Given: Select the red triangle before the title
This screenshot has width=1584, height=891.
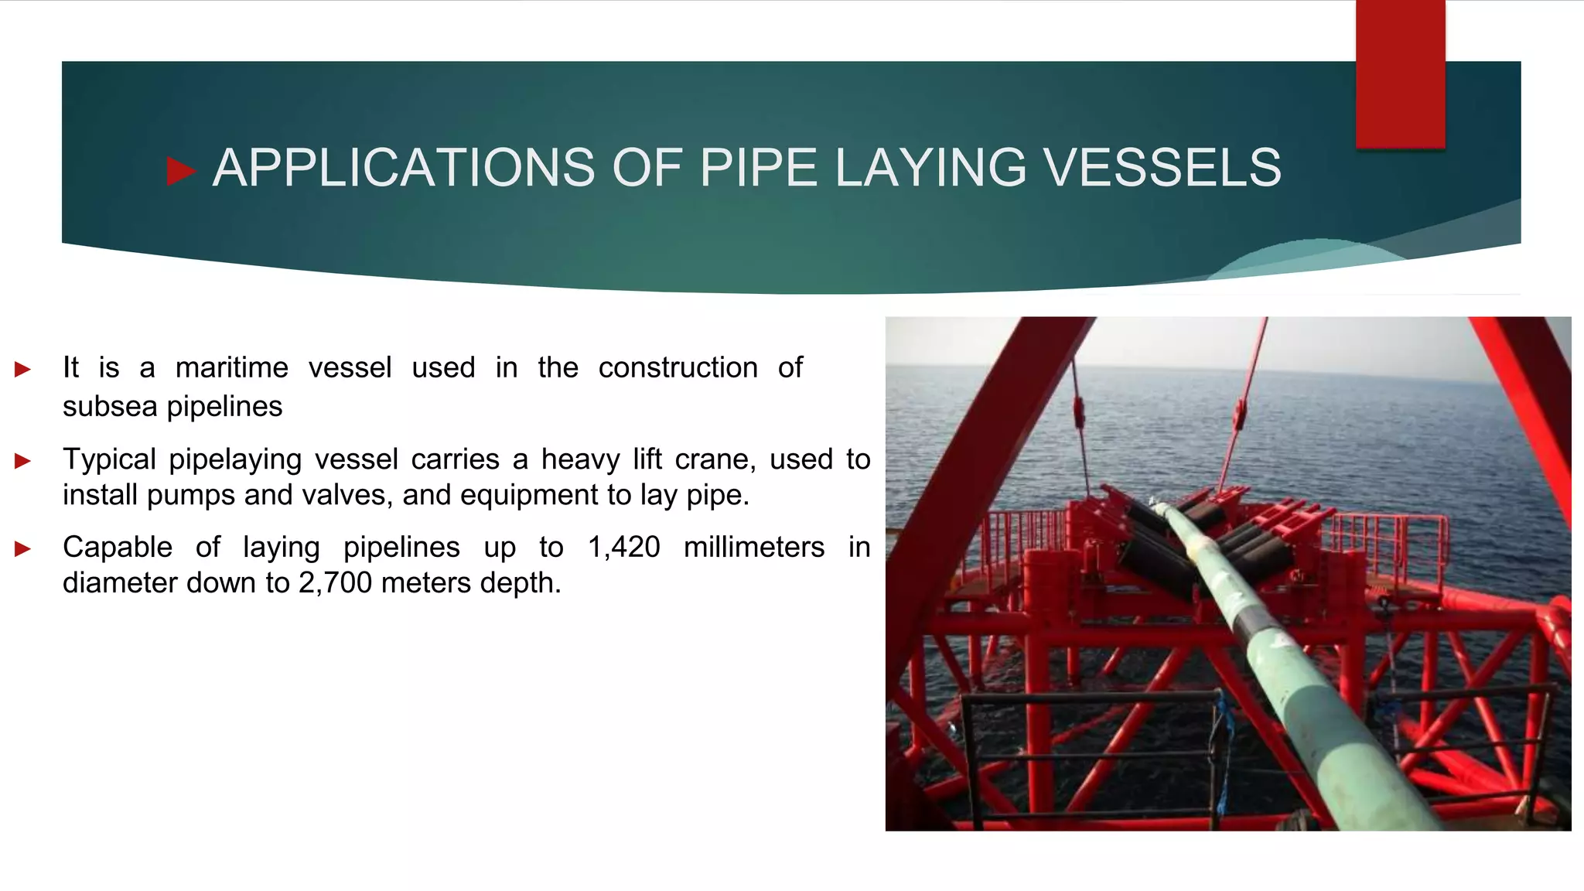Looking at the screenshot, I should click(180, 171).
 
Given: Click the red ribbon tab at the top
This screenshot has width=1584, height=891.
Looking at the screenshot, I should click(1400, 73).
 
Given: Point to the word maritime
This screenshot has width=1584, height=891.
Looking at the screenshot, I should click(231, 367).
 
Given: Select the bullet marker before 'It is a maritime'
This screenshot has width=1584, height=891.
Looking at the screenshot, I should click(22, 370).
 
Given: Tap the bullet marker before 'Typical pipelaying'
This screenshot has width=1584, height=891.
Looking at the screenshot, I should click(22, 462).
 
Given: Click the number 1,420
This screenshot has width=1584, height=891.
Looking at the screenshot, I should click(623, 548).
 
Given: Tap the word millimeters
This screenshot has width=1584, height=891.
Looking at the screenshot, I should click(753, 548).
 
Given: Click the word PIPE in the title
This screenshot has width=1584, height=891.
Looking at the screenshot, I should click(757, 168).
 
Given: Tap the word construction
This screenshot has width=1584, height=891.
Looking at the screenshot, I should click(678, 367).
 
